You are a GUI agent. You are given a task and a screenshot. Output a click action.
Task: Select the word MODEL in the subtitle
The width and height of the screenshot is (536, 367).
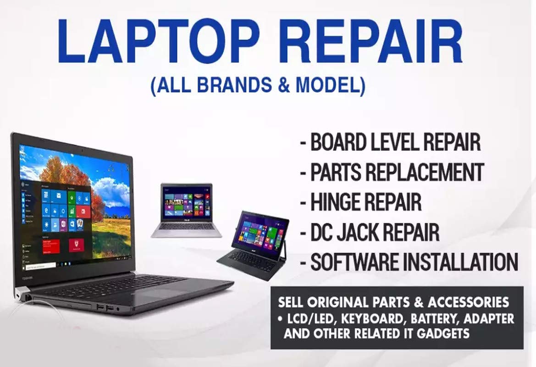(x=333, y=86)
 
